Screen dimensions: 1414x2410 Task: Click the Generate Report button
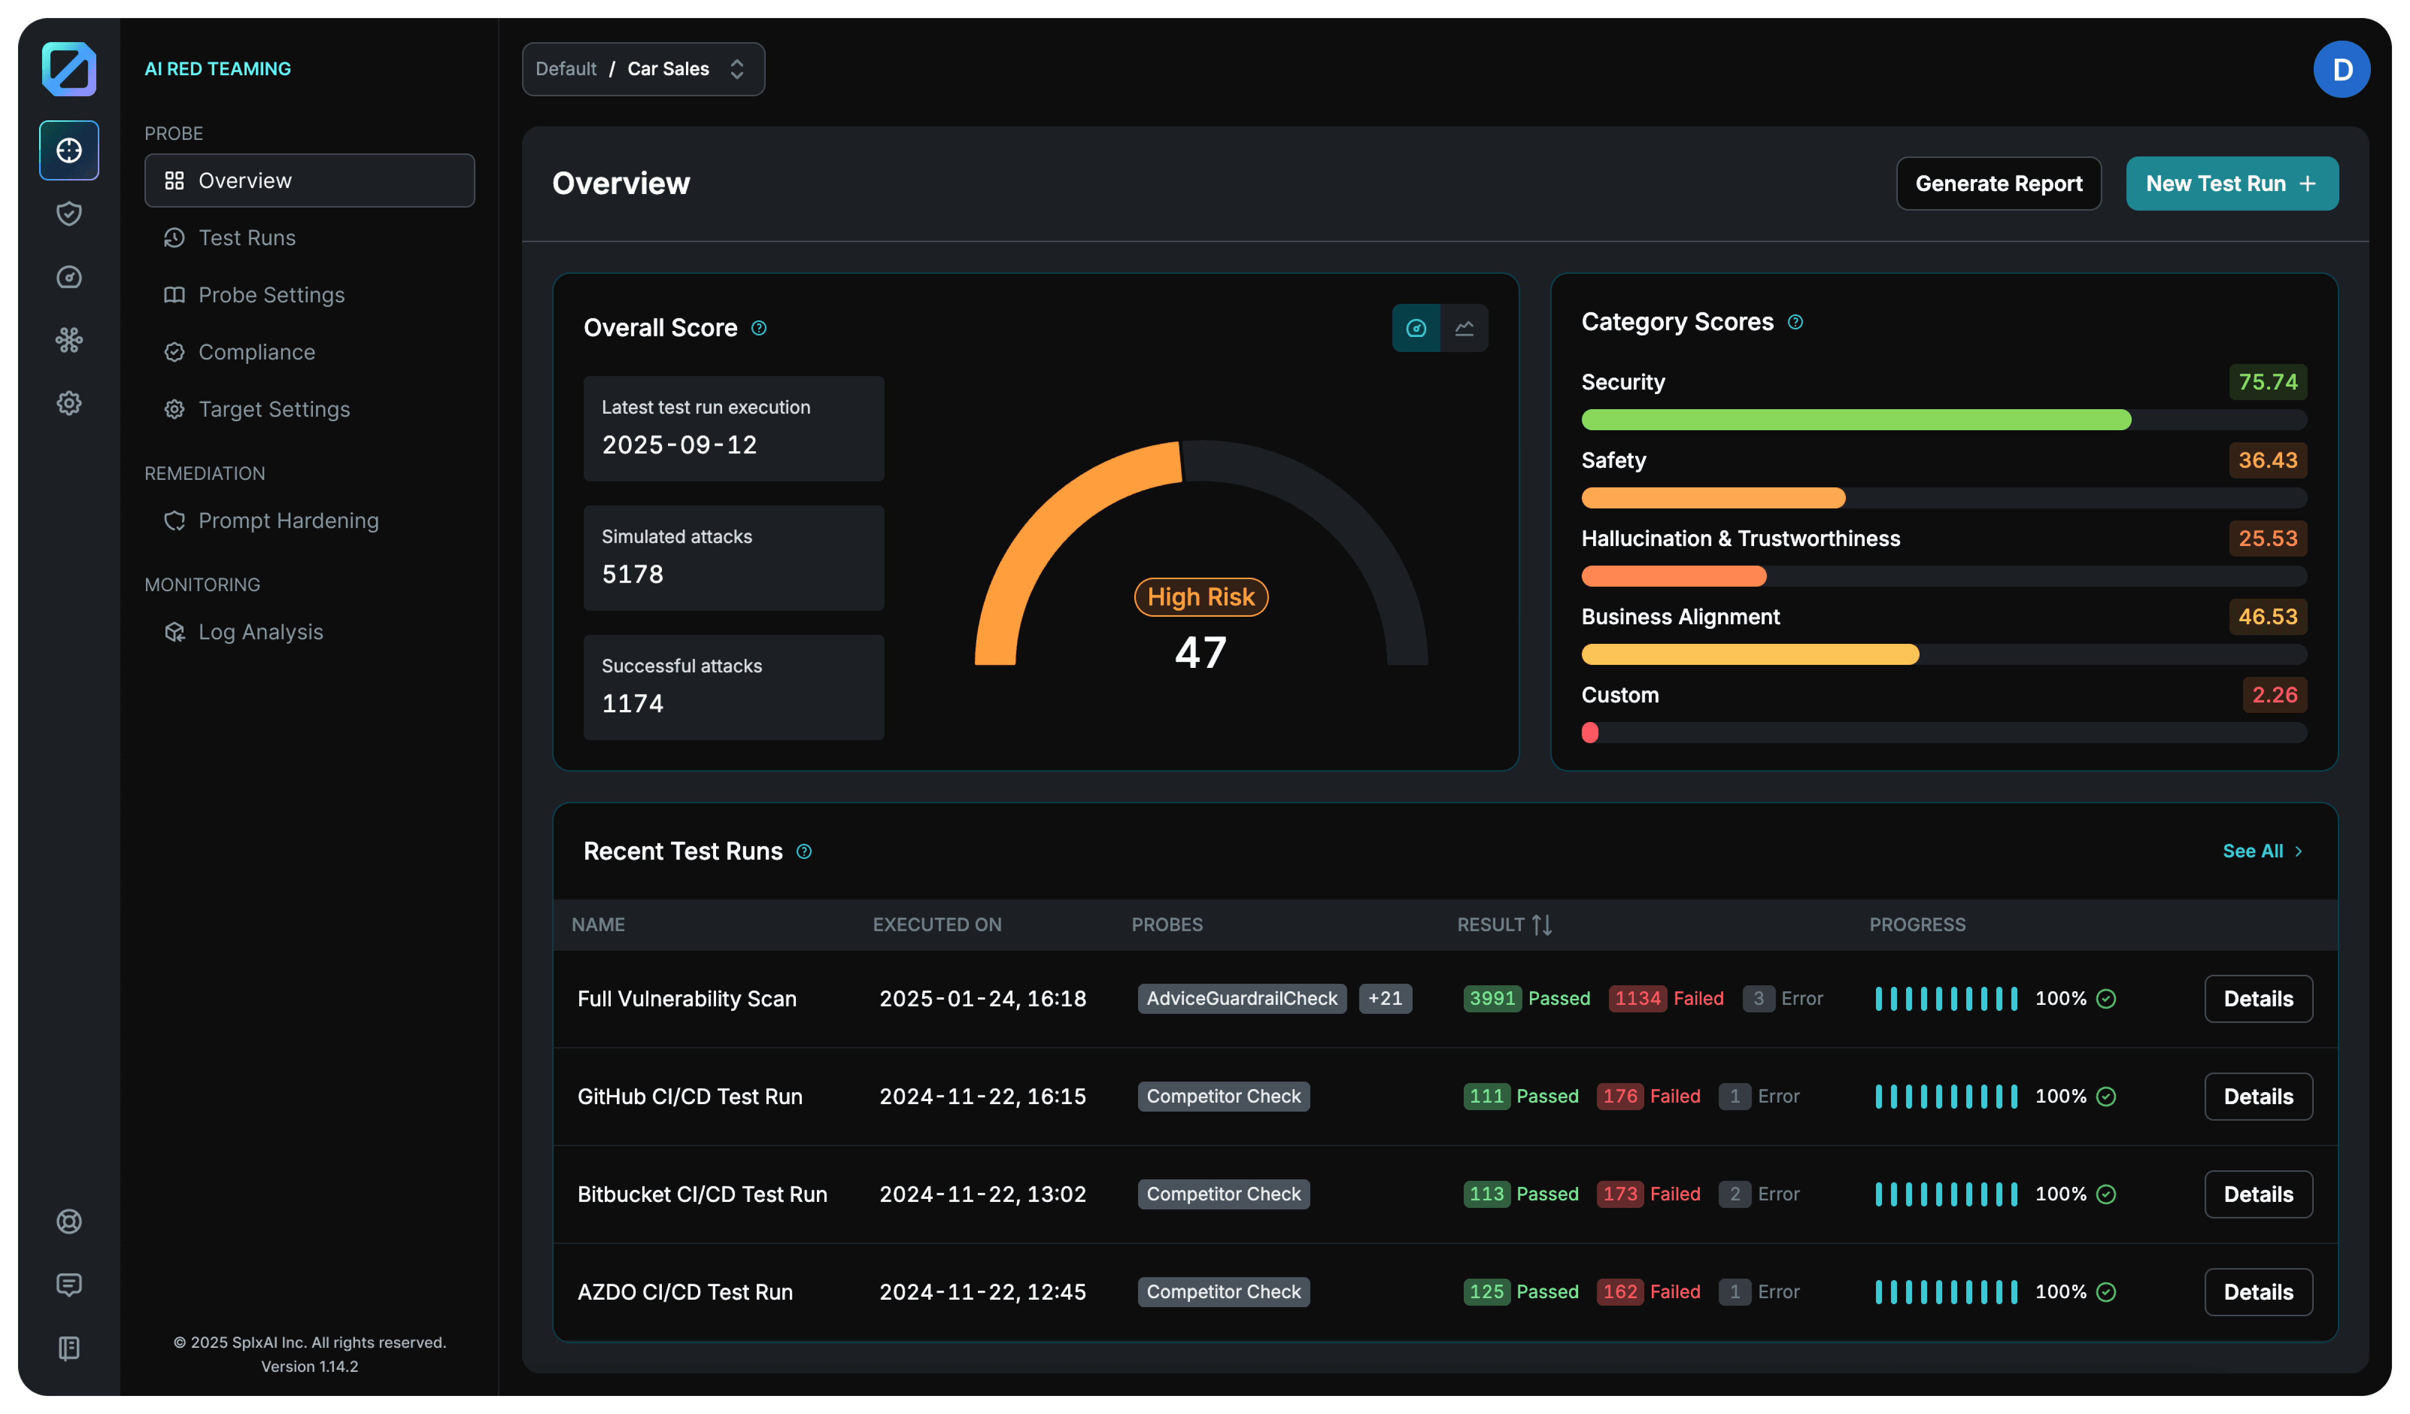1998,184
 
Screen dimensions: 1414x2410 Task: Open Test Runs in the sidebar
247,238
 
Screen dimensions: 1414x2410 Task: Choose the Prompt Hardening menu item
288,521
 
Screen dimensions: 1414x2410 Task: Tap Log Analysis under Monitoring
260,632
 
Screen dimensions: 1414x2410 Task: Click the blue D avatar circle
2341,69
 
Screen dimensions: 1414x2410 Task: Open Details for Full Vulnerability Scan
2258,999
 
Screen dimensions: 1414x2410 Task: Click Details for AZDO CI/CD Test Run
2258,1293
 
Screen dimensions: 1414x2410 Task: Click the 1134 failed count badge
1637,999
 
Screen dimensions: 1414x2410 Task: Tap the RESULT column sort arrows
1541,925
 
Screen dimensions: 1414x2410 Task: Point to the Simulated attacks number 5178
632,575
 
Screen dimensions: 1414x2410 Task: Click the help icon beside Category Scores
1795,322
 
